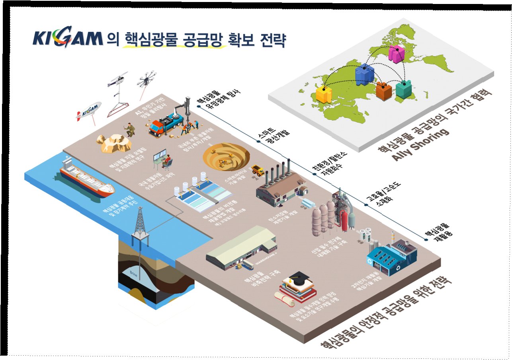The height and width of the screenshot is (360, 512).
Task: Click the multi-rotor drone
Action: pyautogui.click(x=147, y=79)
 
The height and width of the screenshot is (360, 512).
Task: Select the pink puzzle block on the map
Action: pyautogui.click(x=397, y=54)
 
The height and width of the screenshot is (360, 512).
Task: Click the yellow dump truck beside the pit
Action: pyautogui.click(x=258, y=170)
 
